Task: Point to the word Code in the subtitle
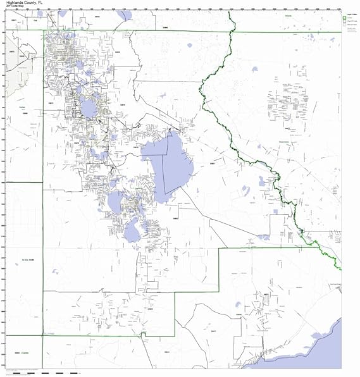point(13,8)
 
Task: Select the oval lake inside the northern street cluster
point(89,109)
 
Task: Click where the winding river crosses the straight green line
point(232,30)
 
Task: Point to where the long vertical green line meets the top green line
point(43,30)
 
